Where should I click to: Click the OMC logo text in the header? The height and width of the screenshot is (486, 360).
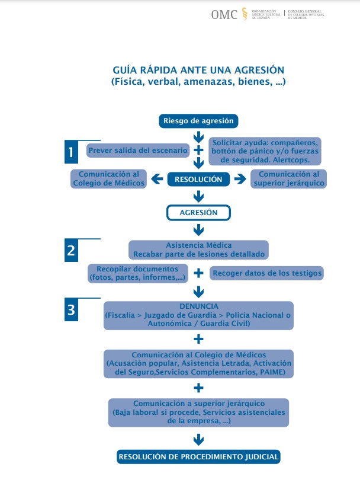224,15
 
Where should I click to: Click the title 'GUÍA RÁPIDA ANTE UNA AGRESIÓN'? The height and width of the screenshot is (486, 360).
198,69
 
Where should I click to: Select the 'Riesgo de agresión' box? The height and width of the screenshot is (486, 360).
198,121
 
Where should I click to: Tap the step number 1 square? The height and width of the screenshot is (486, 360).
71,152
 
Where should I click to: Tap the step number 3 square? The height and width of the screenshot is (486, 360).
71,309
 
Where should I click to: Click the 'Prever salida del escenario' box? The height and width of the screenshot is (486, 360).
138,151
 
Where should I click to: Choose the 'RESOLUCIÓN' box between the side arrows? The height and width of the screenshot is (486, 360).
198,179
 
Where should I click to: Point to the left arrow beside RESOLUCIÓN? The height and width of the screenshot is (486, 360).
157,179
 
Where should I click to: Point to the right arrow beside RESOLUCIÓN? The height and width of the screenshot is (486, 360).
240,179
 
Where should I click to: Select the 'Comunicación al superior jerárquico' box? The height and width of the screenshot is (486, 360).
288,179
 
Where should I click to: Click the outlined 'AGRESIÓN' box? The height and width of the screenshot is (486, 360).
198,212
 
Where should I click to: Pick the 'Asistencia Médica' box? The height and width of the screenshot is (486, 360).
198,250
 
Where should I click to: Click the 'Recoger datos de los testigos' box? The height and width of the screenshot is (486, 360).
267,273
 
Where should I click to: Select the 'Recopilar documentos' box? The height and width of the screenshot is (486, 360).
137,273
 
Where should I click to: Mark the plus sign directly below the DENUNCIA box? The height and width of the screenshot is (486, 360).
198,339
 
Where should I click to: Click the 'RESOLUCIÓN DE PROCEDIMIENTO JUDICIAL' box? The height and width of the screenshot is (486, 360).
198,457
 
